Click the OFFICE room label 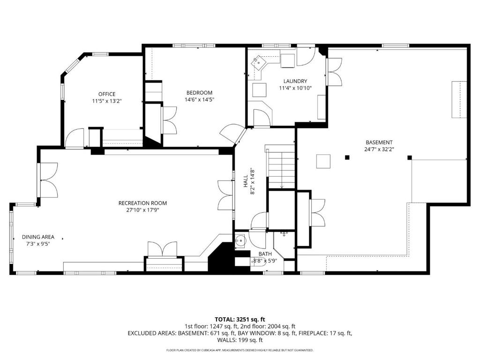[107, 94]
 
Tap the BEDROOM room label [199, 93]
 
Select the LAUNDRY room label [295, 81]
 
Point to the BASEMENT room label [379, 142]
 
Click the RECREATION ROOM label [142, 203]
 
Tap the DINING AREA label [38, 237]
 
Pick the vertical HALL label [246, 181]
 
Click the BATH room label [265, 254]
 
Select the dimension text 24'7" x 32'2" [379, 150]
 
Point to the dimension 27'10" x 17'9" [142, 210]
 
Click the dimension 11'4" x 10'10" [295, 88]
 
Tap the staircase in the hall [282, 169]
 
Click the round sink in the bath [240, 240]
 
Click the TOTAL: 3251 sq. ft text [240, 320]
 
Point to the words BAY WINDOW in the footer [257, 333]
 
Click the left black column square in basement [347, 157]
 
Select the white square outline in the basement [323, 161]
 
